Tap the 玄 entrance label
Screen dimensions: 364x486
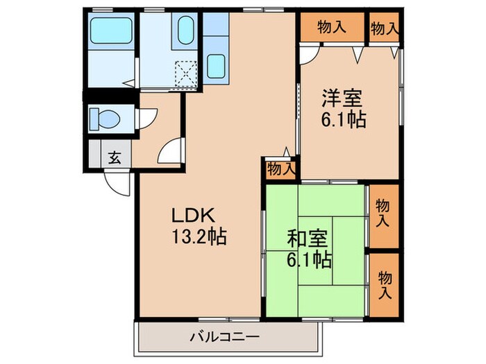[x=114, y=157]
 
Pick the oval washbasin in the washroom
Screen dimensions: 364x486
[x=186, y=31]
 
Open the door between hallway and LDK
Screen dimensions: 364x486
[x=171, y=150]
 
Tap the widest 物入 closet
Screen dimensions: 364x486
[x=332, y=28]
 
